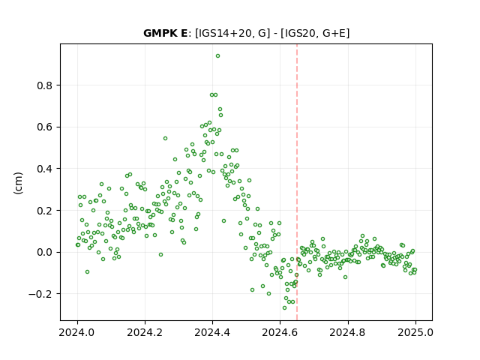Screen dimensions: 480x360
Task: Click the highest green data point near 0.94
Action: point(217,56)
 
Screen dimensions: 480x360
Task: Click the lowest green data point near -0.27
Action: point(284,307)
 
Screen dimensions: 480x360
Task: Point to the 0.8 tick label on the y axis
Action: point(45,85)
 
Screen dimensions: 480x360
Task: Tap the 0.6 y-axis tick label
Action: point(45,127)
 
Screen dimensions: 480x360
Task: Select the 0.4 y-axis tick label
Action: point(45,169)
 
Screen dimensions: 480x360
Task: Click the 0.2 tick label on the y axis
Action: point(45,211)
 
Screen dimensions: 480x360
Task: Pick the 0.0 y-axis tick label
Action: point(45,252)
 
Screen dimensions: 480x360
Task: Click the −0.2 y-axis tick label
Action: point(40,294)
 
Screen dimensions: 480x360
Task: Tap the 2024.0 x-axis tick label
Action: point(77,332)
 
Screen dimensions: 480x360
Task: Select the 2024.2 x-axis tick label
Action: point(145,332)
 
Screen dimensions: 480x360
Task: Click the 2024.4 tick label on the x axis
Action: point(212,332)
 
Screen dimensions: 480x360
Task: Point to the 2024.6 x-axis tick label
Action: point(280,332)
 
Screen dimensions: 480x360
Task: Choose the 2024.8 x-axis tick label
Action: point(347,332)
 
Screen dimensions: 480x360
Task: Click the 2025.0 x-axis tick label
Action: point(415,332)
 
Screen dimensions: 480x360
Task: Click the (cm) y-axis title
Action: point(18,183)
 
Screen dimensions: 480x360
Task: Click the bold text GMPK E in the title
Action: point(165,33)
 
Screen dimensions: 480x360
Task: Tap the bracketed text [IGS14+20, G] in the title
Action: point(232,33)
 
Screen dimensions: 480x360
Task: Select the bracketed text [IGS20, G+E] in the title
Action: point(315,33)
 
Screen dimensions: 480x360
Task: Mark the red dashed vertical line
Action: point(297,182)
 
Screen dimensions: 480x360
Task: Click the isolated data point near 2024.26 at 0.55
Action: point(165,138)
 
